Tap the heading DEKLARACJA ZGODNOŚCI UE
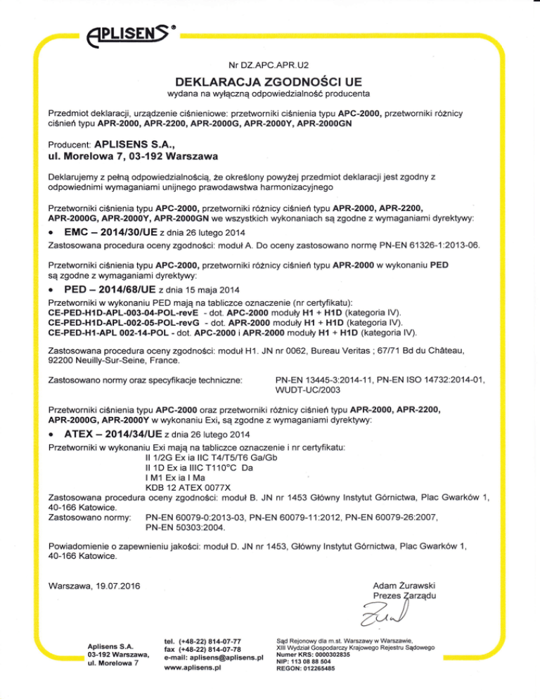(269, 79)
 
